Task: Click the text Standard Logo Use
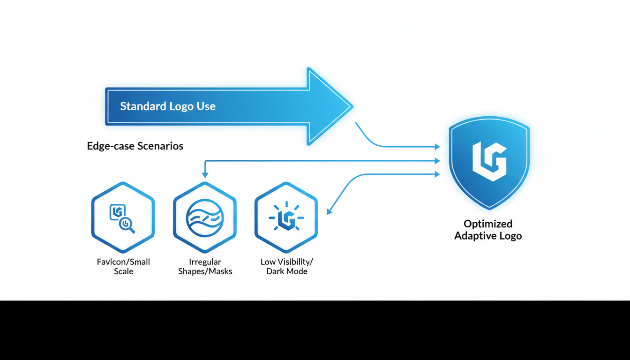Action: [168, 106]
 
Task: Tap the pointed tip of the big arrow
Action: [351, 106]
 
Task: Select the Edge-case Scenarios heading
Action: [135, 146]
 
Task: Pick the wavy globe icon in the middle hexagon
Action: [205, 218]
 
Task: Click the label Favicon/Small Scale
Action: [123, 266]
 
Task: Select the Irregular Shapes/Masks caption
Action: [205, 266]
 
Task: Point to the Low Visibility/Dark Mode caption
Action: [286, 266]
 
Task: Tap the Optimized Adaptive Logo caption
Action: [488, 230]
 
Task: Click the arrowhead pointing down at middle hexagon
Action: [205, 175]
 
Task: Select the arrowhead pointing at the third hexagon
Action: [329, 212]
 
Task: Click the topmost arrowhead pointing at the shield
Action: [438, 147]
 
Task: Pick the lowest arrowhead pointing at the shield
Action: [438, 174]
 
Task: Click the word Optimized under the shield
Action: [488, 224]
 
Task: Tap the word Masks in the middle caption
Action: [220, 271]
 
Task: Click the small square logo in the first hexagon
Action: [116, 212]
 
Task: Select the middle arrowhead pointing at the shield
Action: [438, 161]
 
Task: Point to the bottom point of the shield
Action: [489, 209]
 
